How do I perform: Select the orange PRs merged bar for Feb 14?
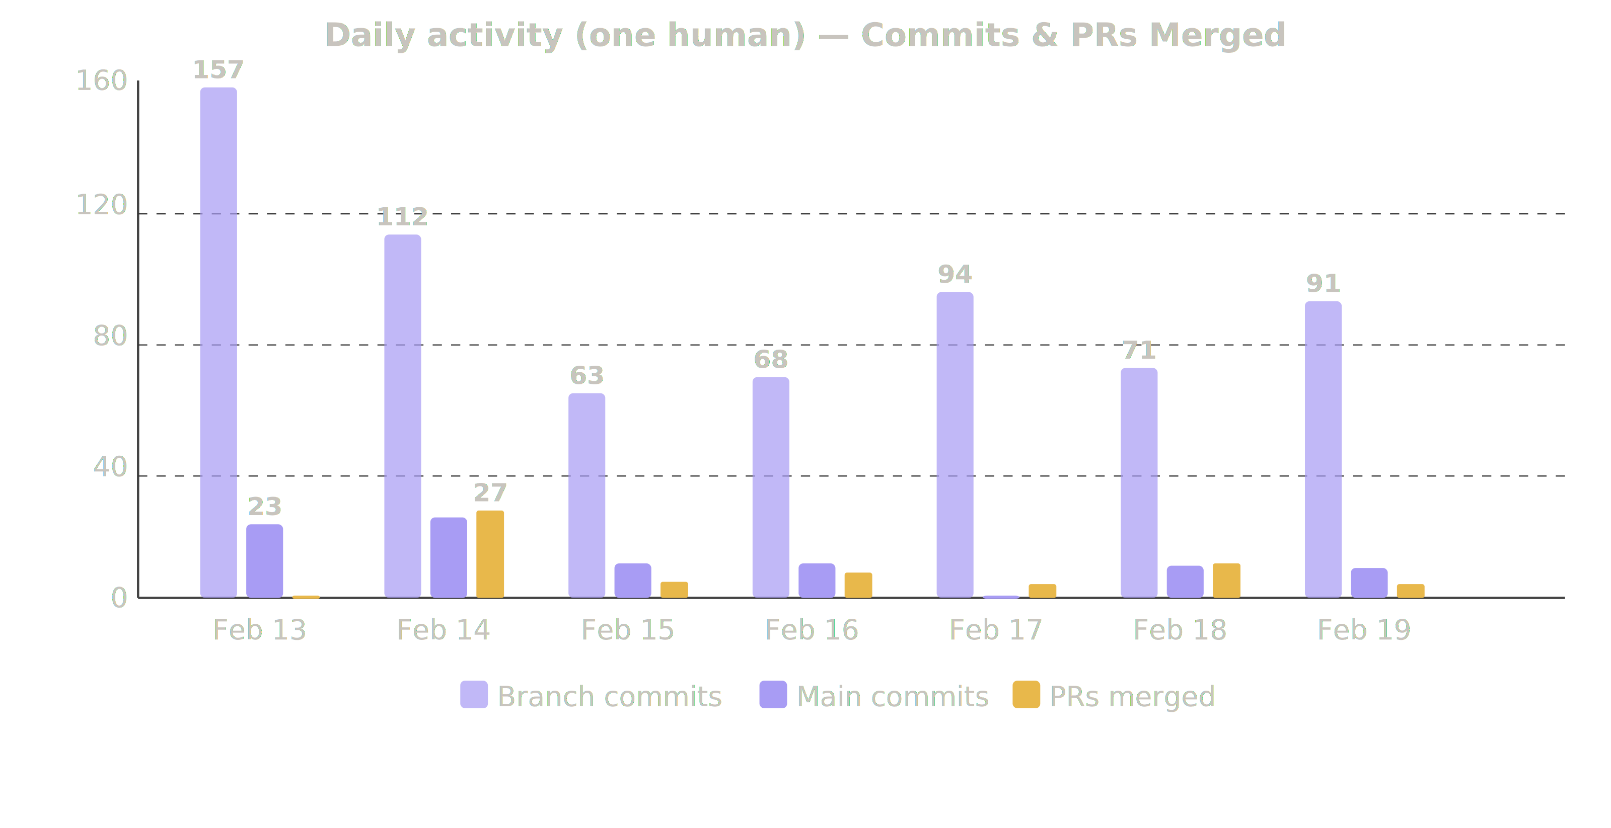(490, 554)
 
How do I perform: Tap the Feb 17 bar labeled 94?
(955, 444)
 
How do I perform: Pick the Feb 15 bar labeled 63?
(587, 495)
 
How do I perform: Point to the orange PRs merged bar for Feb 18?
(1226, 580)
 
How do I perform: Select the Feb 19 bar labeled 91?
(1323, 449)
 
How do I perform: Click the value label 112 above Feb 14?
(402, 217)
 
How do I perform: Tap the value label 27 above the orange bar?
(490, 493)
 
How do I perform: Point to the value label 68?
(770, 359)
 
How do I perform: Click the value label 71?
(1138, 351)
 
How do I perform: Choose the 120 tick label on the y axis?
(101, 205)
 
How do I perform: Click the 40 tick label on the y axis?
(110, 467)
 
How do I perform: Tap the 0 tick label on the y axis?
(119, 598)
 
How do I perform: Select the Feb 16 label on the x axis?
(811, 629)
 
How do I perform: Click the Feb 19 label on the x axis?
(1363, 629)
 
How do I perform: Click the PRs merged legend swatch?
(1026, 694)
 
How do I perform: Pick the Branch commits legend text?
(609, 696)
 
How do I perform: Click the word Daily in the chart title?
(370, 36)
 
